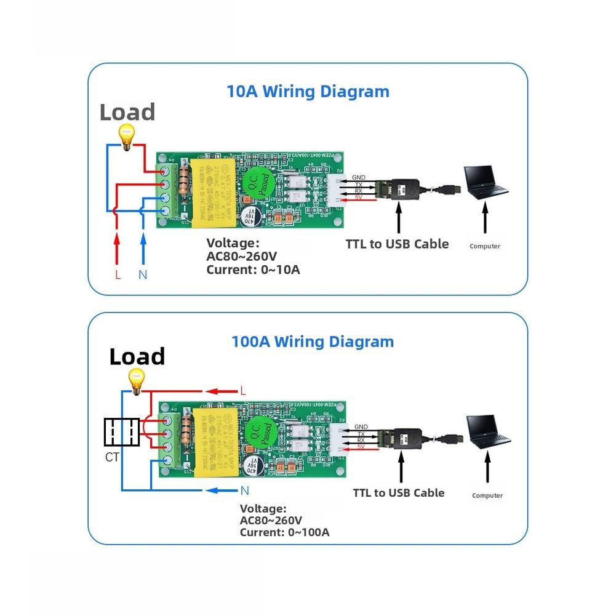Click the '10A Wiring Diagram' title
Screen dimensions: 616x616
point(308,92)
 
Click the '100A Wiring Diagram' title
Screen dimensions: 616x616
point(312,342)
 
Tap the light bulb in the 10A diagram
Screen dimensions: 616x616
point(127,137)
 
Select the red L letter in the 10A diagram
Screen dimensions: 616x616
point(118,275)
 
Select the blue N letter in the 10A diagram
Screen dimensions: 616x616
point(143,275)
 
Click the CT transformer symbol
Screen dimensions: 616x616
point(122,433)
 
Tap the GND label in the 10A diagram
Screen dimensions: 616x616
point(359,178)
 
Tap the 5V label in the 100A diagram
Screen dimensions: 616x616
point(361,447)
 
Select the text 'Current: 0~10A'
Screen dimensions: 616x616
point(253,270)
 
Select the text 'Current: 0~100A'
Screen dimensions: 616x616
point(284,532)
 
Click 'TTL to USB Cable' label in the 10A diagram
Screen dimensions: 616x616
point(397,244)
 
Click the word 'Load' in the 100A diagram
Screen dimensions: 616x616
point(137,357)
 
